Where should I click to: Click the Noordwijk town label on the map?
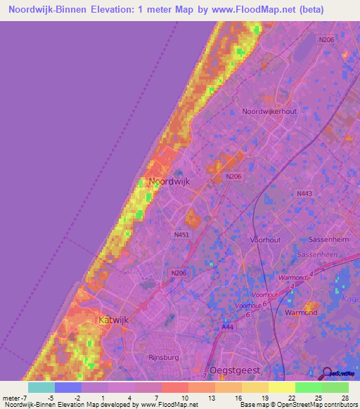169,182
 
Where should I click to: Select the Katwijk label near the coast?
115,320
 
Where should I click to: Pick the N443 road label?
304,193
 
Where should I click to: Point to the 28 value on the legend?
344,398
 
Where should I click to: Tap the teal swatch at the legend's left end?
41,387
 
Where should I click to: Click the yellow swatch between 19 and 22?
281,387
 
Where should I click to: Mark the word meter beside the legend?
11,398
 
